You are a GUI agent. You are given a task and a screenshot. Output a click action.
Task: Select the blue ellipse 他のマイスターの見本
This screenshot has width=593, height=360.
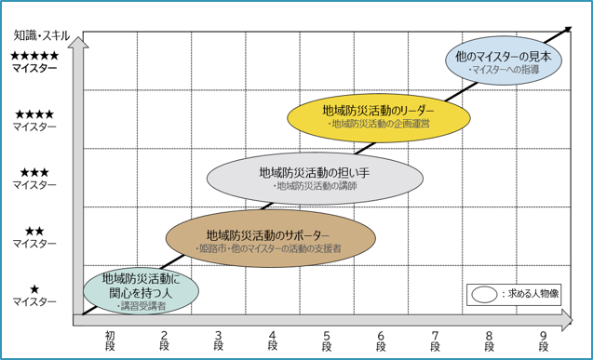click(x=504, y=61)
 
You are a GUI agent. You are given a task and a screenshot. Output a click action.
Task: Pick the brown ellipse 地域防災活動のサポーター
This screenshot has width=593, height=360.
click(x=271, y=240)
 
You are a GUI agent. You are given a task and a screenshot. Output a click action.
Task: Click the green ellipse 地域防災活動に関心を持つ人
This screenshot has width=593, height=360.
click(x=141, y=290)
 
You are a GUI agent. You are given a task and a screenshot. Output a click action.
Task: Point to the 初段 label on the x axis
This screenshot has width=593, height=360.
click(x=110, y=340)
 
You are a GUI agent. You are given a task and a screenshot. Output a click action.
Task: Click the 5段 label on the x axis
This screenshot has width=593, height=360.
click(x=327, y=340)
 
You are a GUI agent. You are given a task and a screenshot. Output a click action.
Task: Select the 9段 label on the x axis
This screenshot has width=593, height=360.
click(x=544, y=340)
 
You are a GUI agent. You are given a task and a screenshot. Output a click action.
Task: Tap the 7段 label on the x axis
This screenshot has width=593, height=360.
click(x=436, y=340)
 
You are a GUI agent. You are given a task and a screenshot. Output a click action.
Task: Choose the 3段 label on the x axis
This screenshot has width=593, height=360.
click(x=219, y=340)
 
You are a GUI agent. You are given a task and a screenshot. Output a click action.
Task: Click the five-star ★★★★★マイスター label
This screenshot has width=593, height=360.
click(x=35, y=62)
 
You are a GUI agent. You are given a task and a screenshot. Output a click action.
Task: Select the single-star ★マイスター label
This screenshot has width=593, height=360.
click(x=35, y=295)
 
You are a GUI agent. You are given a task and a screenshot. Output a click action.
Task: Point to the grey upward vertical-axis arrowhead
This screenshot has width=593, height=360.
click(x=79, y=40)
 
